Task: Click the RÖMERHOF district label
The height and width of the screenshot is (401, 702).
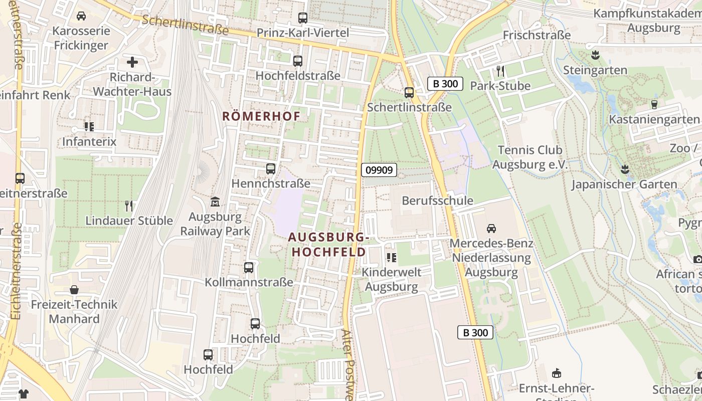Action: point(261,116)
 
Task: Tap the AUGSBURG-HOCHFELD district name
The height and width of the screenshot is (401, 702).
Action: point(329,244)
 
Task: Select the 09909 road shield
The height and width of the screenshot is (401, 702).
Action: point(379,170)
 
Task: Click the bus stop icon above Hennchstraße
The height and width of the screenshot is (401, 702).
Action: point(271,169)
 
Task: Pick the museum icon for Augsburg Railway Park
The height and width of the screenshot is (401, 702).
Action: point(215,202)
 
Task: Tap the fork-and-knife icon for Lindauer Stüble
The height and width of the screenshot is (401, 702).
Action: point(129,206)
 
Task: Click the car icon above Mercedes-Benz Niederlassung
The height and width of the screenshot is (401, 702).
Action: point(491,229)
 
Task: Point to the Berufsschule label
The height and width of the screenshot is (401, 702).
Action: point(437,200)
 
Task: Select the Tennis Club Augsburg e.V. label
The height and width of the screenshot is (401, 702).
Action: point(530,157)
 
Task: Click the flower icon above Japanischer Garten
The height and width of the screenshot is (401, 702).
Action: point(625,169)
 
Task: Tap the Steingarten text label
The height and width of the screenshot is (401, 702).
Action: point(595,70)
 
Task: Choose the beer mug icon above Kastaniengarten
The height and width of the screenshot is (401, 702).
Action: point(654,104)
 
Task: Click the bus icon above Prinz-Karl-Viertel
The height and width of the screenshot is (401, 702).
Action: point(303,18)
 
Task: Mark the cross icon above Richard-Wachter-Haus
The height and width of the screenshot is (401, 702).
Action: point(132,62)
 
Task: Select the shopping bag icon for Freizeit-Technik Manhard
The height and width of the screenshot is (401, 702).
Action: point(74,290)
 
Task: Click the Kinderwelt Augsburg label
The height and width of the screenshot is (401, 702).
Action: point(392,279)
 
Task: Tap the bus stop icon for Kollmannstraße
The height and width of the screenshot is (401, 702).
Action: point(249,268)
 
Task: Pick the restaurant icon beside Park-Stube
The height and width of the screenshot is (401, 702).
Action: point(500,71)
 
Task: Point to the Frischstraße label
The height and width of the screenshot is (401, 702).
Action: point(537,35)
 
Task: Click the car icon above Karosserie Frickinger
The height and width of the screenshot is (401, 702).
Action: point(81,16)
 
